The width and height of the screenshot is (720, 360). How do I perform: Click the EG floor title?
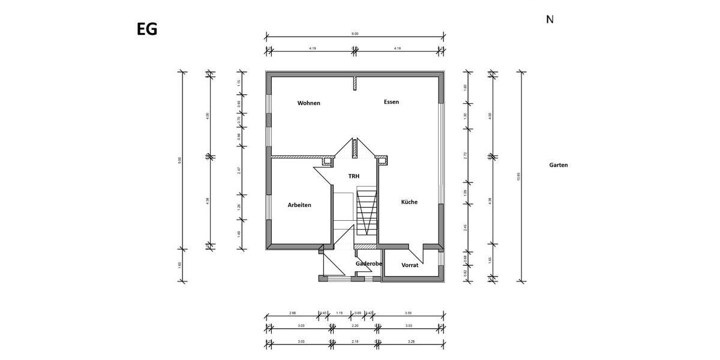147,29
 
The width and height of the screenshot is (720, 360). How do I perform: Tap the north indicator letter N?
550,19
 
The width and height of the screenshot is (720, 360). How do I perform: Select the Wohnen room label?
309,103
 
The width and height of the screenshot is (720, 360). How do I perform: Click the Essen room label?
391,102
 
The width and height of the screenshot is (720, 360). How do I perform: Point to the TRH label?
355,176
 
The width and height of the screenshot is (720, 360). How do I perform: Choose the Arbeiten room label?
299,205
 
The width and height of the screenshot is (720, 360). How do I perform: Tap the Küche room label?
409,202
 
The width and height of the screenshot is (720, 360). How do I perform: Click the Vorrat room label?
410,265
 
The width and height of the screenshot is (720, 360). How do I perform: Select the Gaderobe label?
369,263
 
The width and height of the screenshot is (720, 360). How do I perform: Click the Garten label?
558,165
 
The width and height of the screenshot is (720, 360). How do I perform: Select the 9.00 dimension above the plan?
355,34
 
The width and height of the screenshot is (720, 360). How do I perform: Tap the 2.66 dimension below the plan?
292,313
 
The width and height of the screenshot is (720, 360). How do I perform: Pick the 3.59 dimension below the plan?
408,313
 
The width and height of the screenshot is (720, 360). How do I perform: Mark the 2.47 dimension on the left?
239,170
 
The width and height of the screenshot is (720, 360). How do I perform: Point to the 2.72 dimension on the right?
466,155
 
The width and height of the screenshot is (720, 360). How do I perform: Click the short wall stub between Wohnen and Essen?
355,83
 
